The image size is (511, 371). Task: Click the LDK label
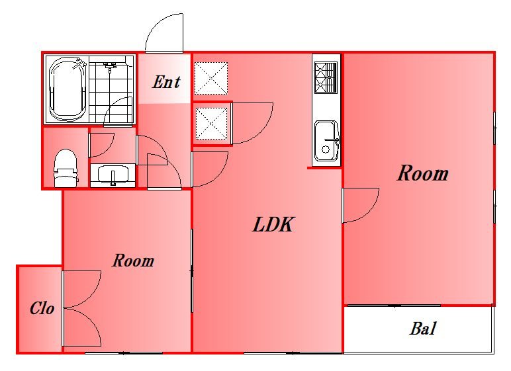coord(273,225)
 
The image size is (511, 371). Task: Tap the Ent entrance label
coord(166,82)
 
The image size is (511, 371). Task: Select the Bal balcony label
coord(423,328)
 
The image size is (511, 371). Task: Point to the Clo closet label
coord(42,308)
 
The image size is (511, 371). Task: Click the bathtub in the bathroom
coord(68,89)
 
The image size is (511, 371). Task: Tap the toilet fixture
coord(66,168)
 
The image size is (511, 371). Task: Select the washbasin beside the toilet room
coord(113,175)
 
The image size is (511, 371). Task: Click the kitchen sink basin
coord(326,141)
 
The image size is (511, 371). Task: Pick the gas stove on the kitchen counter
coord(326,78)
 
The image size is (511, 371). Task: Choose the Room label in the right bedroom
coord(423,173)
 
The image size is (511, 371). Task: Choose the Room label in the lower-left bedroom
coord(133,261)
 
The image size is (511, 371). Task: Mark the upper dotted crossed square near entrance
coord(211,78)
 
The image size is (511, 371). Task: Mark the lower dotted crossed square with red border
coord(211,124)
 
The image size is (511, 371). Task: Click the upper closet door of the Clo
coord(82,289)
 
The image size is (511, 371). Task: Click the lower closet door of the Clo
coord(82,327)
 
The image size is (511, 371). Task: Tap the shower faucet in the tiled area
coord(110,67)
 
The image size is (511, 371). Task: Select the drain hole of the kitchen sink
coord(326,149)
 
